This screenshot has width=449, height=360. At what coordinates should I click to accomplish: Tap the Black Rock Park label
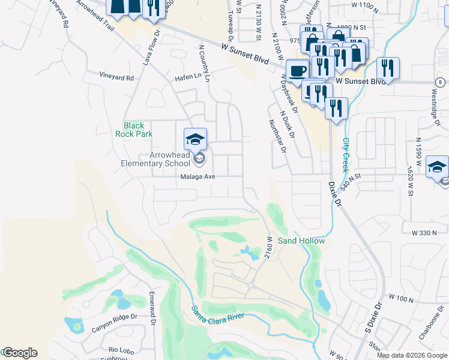[x=134, y=130]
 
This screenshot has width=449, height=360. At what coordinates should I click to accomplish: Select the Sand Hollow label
[x=301, y=241]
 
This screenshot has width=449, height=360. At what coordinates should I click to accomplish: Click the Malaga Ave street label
[x=197, y=177]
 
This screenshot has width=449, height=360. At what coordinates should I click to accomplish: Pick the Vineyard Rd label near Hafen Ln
[x=116, y=78]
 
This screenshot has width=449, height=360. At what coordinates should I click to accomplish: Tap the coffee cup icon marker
[x=297, y=71]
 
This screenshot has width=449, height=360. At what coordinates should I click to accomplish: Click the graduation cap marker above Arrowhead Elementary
[x=195, y=140]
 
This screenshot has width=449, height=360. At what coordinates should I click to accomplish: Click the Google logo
[x=19, y=353]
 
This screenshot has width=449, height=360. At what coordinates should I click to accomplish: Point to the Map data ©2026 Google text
[x=412, y=355]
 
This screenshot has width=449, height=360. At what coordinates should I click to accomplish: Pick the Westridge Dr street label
[x=436, y=103]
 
